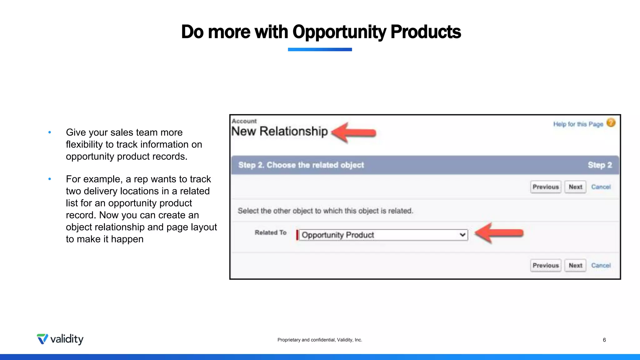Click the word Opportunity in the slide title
pos(339,32)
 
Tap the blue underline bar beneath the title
pos(320,49)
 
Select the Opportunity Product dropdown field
pos(378,235)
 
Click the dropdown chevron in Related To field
pos(462,235)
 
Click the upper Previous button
pos(546,187)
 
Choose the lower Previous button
pos(546,265)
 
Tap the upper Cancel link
pos(601,187)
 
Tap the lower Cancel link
pos(601,265)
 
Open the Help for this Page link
pos(578,124)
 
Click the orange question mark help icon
pos(611,123)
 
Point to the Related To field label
pos(271,232)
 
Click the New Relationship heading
pos(279,131)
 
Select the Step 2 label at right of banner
pos(600,165)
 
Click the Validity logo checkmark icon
pos(42,339)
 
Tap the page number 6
pos(604,340)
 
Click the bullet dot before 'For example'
pos(50,179)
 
